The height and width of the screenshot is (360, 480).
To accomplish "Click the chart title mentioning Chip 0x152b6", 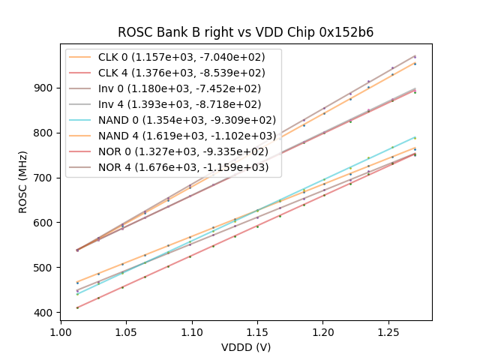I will click(x=245, y=32).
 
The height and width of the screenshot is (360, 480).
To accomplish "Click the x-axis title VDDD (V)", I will click(x=245, y=347).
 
